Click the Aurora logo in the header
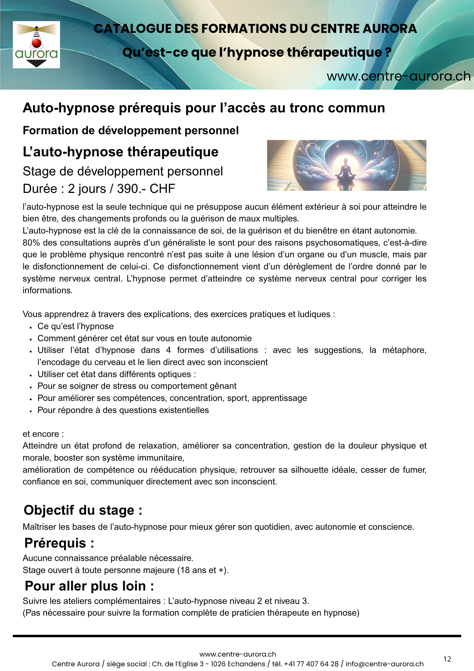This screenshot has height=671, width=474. tap(36, 45)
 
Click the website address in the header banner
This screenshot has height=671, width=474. tap(399, 76)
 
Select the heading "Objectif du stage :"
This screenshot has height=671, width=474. tap(83, 510)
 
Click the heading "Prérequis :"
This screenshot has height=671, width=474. tap(59, 543)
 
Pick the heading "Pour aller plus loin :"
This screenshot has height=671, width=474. tap(90, 586)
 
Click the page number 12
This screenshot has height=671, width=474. tap(447, 659)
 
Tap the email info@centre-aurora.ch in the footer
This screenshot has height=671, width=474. tap(384, 664)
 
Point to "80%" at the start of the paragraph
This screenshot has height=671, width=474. tap(32, 243)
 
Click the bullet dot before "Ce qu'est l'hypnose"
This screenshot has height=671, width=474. tap(31, 327)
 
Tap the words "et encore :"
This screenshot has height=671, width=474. tap(43, 434)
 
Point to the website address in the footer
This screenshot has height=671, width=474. tap(238, 654)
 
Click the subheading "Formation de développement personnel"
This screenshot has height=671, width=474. tap(131, 131)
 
